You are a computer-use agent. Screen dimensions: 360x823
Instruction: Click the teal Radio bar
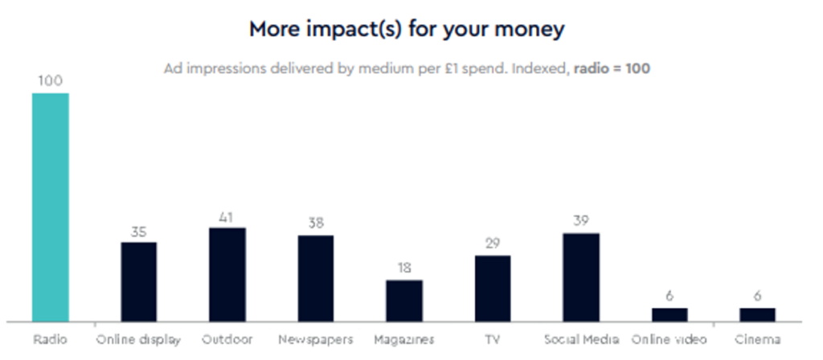click(50, 207)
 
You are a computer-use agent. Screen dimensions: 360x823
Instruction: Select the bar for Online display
click(138, 281)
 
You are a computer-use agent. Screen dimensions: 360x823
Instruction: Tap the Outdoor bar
click(227, 274)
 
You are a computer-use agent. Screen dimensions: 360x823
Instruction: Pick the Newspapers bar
click(315, 278)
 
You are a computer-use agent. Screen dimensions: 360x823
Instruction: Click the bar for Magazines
click(403, 301)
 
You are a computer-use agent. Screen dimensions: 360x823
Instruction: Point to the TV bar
click(492, 288)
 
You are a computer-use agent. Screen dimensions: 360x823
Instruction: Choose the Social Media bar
click(580, 276)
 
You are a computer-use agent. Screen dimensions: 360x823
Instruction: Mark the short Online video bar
click(669, 314)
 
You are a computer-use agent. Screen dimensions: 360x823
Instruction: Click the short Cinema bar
click(757, 314)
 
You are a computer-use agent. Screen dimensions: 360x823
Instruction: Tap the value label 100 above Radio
click(50, 81)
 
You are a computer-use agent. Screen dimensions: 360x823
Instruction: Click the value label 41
click(227, 217)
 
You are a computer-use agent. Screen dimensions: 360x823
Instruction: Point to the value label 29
click(492, 244)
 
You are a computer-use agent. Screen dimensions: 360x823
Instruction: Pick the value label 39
click(580, 222)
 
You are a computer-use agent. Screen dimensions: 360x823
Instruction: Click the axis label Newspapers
click(315, 340)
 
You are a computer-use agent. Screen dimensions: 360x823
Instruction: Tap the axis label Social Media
click(580, 340)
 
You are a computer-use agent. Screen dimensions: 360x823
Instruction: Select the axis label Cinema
click(757, 340)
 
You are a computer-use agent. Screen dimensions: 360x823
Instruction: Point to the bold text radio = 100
click(611, 69)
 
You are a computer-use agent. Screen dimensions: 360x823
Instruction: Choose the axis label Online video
click(669, 340)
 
